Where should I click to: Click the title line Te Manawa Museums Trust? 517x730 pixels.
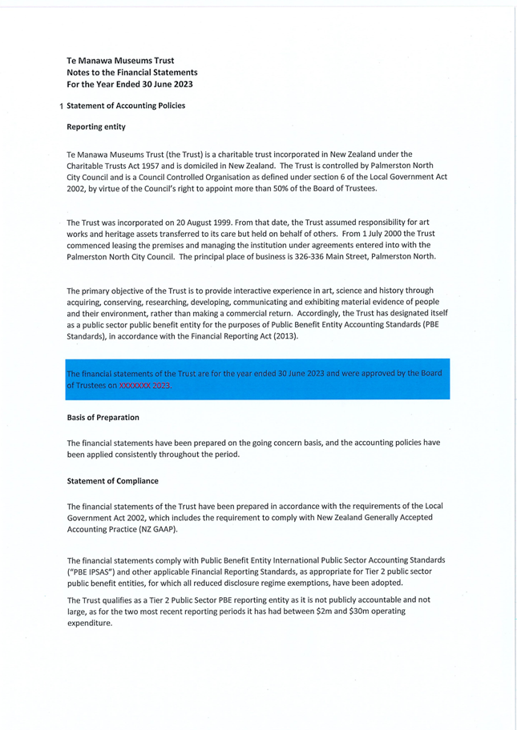coord(120,60)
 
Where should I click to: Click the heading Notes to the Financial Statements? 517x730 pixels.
coord(132,72)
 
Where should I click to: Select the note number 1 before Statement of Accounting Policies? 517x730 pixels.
coord(62,106)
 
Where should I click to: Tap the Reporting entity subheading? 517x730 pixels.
coord(95,126)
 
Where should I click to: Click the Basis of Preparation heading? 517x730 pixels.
coord(103,417)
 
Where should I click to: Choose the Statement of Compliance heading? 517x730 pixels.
coord(112,480)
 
